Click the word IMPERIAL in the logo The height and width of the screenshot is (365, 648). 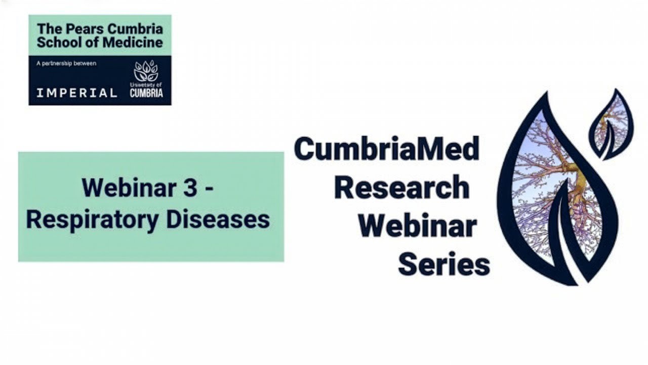point(76,93)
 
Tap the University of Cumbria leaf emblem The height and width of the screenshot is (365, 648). point(146,72)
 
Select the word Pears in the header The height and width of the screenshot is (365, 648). point(80,28)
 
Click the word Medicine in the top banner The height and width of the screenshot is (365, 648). point(133,42)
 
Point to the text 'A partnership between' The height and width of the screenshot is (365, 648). point(66,63)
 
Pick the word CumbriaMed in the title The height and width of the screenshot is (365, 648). point(386,149)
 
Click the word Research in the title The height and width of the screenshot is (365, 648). point(401,188)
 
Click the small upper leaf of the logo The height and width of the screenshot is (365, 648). point(611,124)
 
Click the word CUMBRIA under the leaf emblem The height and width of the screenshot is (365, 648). point(146,93)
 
